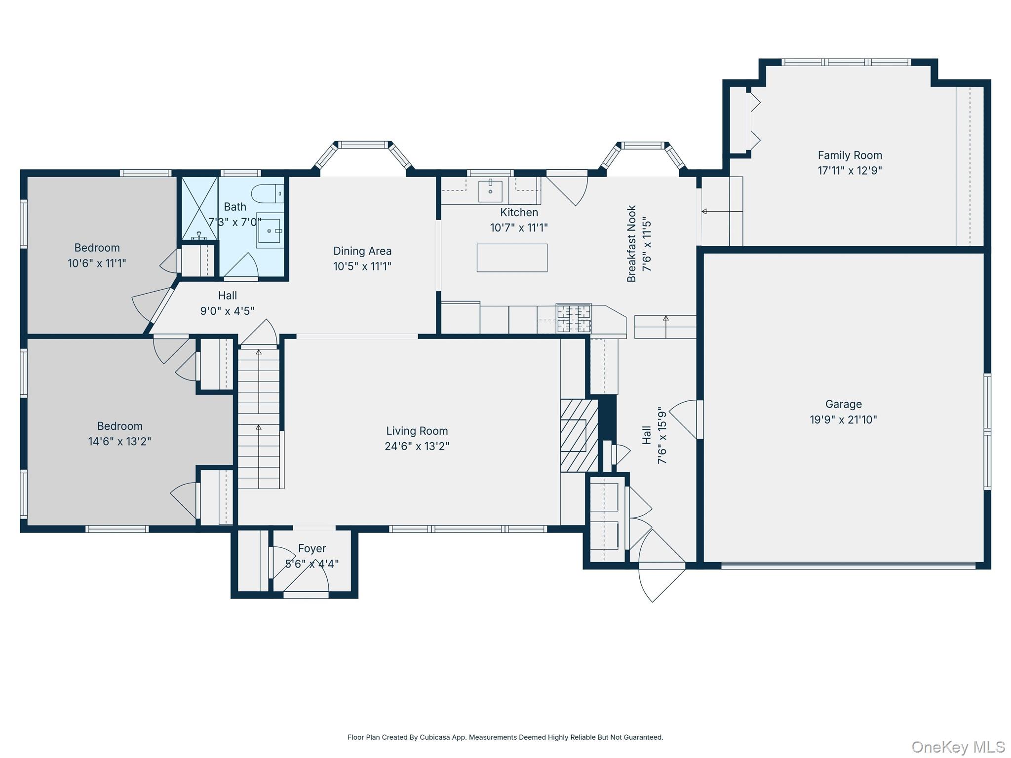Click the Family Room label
click(850, 155)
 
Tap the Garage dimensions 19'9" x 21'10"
click(843, 419)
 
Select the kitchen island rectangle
click(512, 258)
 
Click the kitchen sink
click(490, 191)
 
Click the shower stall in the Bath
click(199, 209)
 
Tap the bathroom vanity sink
click(270, 231)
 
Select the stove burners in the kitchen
click(574, 318)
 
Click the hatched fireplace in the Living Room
click(579, 435)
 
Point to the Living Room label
click(417, 431)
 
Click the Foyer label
click(312, 548)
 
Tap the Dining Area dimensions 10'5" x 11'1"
click(362, 266)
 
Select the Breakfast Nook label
click(631, 244)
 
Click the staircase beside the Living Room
click(259, 418)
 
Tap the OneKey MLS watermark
click(958, 747)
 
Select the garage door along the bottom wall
click(848, 566)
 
